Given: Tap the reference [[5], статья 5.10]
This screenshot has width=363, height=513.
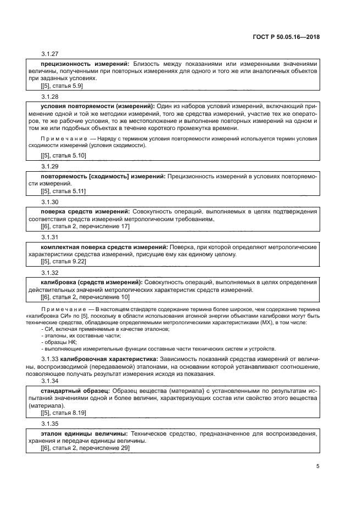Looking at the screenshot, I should [x=63, y=156].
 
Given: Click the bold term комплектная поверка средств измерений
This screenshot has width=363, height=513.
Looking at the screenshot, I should [x=104, y=247].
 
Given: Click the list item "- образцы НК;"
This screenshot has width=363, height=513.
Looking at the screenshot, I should [x=59, y=342].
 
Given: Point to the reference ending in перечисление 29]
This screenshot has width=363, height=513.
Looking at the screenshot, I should [x=85, y=448].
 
